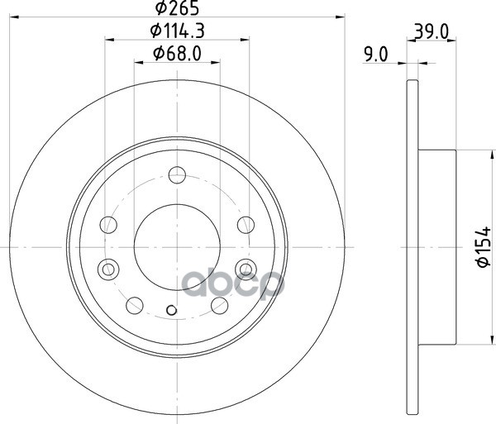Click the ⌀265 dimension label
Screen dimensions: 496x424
pos(177,8)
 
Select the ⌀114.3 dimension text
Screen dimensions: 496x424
pos(177,31)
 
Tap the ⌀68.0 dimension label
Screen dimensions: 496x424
pos(177,54)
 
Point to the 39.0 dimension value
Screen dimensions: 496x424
pos(432,31)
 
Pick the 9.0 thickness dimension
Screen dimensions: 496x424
pos(376,55)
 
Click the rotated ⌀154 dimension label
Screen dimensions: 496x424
pos(484,246)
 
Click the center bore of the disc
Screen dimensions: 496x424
pos(177,247)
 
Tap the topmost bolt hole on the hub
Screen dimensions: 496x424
pos(177,175)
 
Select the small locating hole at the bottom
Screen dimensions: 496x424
pos(171,310)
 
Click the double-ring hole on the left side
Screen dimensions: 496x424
pos(108,269)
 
